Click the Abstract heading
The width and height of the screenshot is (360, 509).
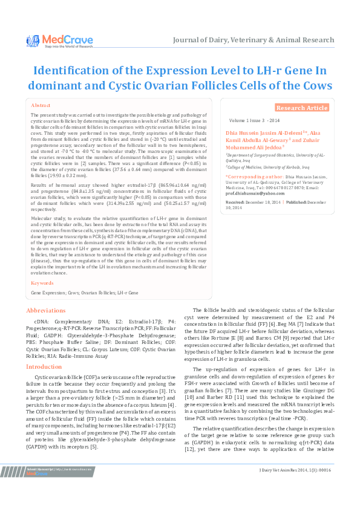[x=41, y=105]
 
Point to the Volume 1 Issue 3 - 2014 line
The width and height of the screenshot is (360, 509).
[x=254, y=121]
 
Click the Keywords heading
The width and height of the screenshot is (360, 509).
[x=42, y=283]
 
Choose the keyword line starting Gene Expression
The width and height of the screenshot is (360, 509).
[x=85, y=293]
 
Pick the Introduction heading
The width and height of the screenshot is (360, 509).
[x=44, y=366]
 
